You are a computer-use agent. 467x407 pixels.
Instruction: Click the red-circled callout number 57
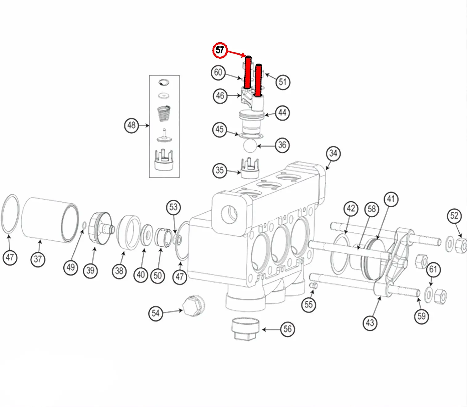tap(220, 50)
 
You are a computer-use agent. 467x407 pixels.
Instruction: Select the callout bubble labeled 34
tap(333, 153)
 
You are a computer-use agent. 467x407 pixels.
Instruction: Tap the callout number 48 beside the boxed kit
tap(132, 125)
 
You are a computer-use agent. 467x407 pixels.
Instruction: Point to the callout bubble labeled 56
tap(287, 329)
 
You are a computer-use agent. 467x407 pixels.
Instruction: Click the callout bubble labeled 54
tap(156, 314)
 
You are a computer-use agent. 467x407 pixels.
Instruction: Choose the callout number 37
tap(38, 259)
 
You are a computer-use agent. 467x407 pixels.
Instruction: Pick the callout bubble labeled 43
tap(370, 323)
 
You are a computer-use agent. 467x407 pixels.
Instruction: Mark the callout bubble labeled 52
tap(454, 216)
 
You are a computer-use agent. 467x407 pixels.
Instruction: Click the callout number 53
tap(173, 207)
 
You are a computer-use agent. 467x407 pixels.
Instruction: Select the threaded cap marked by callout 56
tap(245, 329)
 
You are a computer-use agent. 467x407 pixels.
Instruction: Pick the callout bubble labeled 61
tap(433, 269)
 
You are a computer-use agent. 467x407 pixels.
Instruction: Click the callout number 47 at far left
tap(10, 257)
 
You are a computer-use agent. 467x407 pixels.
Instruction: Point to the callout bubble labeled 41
tap(391, 199)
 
